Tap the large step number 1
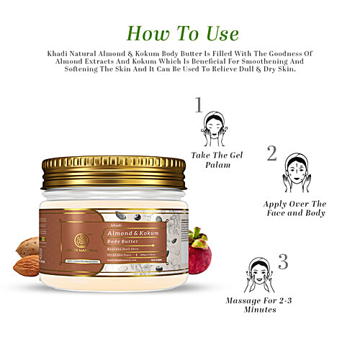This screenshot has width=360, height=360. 199,105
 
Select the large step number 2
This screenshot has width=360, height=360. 271,153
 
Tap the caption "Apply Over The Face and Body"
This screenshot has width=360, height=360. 294,208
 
